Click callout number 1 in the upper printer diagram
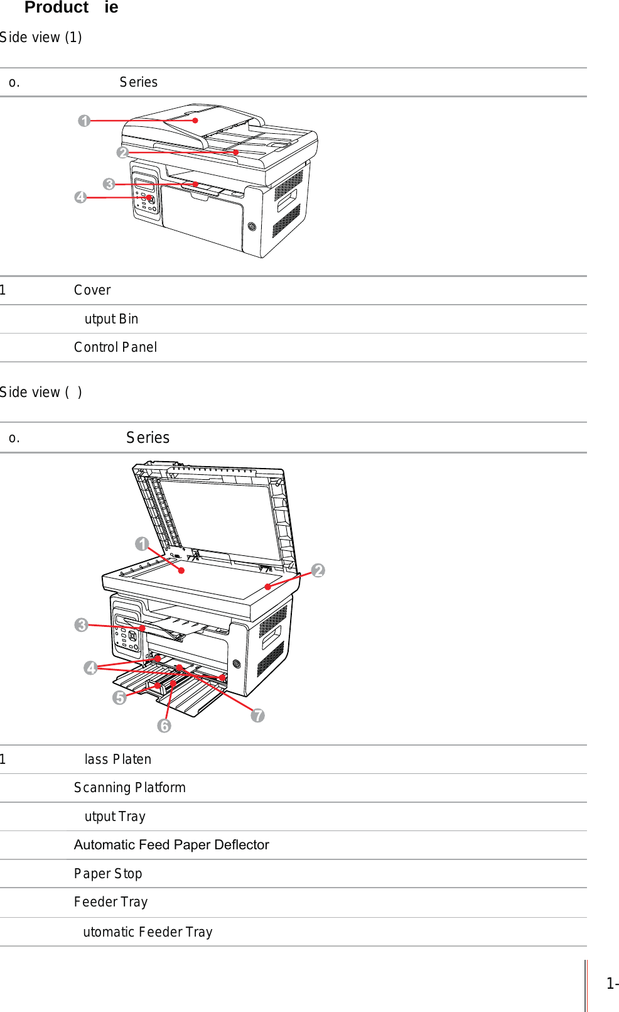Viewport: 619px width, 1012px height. pyautogui.click(x=84, y=121)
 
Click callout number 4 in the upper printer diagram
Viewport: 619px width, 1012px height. pyautogui.click(x=80, y=197)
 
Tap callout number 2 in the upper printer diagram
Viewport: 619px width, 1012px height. pyautogui.click(x=122, y=153)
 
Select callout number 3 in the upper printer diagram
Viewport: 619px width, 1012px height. pyautogui.click(x=109, y=184)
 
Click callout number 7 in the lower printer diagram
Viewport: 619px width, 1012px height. pyautogui.click(x=257, y=715)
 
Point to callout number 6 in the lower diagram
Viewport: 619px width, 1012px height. pyautogui.click(x=164, y=726)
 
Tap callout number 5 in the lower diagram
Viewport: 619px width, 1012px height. pyautogui.click(x=119, y=697)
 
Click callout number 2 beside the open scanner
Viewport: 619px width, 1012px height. pyautogui.click(x=318, y=570)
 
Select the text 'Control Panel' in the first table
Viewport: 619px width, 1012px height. pyautogui.click(x=116, y=347)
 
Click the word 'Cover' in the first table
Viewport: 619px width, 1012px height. pyautogui.click(x=92, y=290)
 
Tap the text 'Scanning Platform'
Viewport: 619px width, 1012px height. pyautogui.click(x=130, y=788)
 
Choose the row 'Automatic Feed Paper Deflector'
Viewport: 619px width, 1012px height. pyautogui.click(x=171, y=845)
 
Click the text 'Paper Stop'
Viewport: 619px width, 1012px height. pyautogui.click(x=108, y=874)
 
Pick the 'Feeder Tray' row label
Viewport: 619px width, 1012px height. pyautogui.click(x=111, y=902)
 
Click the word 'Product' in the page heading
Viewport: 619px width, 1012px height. pyautogui.click(x=57, y=8)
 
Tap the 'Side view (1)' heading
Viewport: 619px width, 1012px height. pyautogui.click(x=41, y=38)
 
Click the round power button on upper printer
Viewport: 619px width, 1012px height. pyautogui.click(x=252, y=226)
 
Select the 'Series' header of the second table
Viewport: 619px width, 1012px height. pyautogui.click(x=148, y=438)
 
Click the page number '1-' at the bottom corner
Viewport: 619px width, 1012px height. pyautogui.click(x=612, y=984)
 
